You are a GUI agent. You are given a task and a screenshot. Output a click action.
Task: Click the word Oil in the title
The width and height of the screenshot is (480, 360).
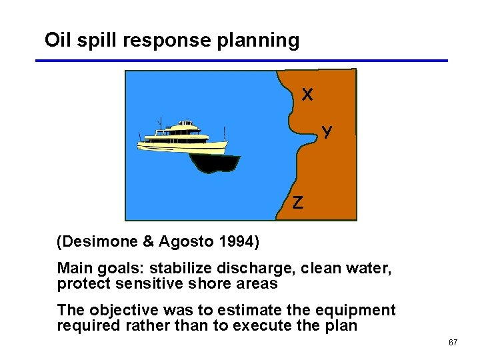pos(56,40)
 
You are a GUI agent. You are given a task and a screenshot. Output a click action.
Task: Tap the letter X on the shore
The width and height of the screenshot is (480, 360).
pos(307,95)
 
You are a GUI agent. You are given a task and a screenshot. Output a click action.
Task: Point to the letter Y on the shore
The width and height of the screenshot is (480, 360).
pos(327,131)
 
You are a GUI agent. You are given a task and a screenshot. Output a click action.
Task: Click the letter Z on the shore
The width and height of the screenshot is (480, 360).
pos(297,203)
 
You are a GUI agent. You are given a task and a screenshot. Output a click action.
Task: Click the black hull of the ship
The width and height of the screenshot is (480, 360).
pos(213,162)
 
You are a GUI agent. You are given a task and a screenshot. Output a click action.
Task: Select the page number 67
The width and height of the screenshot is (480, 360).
pos(453,343)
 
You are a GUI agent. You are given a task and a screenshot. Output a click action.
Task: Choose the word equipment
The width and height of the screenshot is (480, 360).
pos(357,311)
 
